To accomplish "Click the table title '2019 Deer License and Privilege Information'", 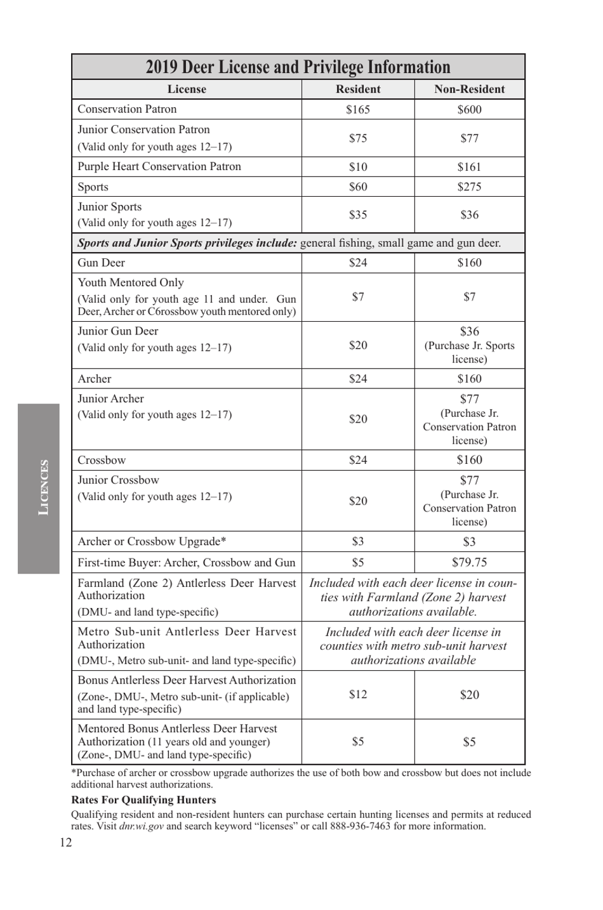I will tap(298, 67).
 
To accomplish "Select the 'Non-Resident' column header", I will tap(469, 89).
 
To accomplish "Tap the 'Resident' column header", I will tap(358, 89).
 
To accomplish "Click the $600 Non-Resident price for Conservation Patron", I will tap(469, 110).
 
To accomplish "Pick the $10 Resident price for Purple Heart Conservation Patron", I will tap(358, 167).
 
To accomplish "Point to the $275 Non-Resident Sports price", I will tap(469, 187).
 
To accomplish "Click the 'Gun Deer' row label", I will tap(102, 263).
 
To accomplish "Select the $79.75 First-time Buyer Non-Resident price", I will tap(469, 562).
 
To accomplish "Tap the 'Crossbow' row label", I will tap(102, 460).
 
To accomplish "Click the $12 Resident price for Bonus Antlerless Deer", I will tap(358, 694).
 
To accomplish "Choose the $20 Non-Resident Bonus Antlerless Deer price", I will tap(469, 695).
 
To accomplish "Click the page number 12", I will tap(66, 843).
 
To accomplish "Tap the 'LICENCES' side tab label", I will tap(43, 487).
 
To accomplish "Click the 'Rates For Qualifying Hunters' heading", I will tap(143, 800).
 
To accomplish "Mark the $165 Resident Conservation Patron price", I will tap(358, 110).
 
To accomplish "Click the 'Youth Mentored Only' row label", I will tap(131, 282).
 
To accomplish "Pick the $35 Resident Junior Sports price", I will tap(358, 214).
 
